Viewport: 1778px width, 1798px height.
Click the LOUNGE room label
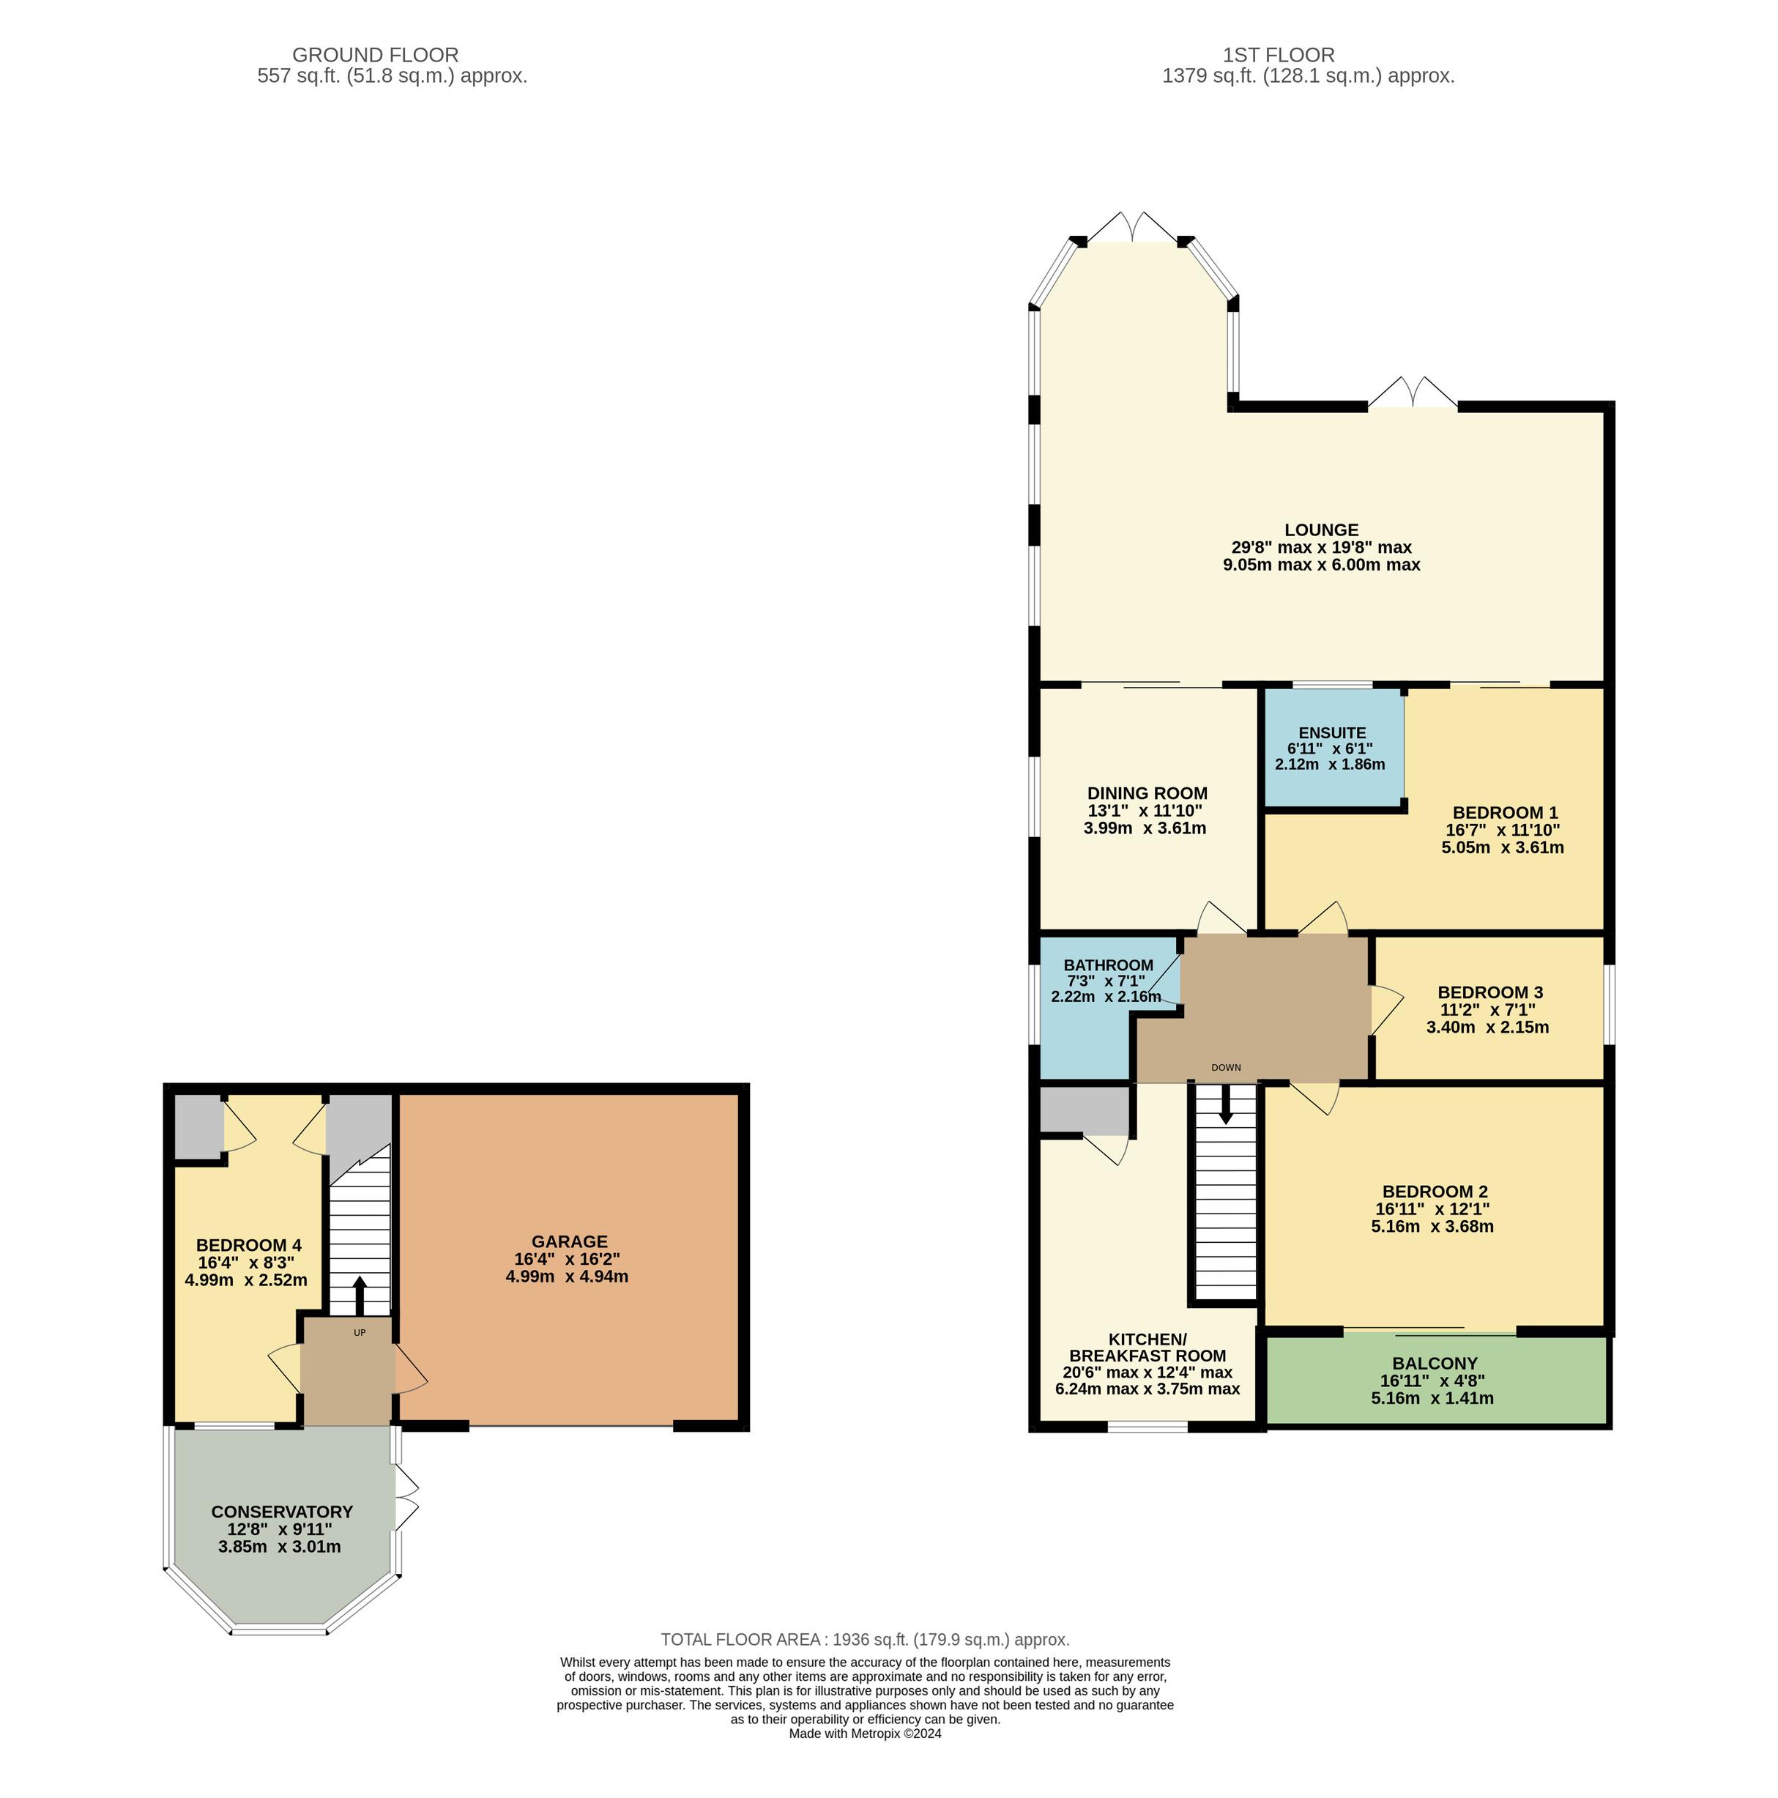tap(1321, 530)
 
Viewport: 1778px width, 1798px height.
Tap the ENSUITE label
tap(1332, 732)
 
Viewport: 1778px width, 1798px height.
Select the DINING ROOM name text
tap(1147, 793)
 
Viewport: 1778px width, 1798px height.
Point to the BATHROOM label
tap(1108, 965)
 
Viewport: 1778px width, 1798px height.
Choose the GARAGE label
tap(570, 1241)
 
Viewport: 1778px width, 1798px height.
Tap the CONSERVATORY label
tap(282, 1512)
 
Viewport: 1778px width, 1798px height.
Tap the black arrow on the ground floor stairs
tap(359, 1295)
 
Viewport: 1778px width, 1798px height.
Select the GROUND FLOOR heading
tap(376, 56)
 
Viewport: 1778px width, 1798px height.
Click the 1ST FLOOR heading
tap(1279, 56)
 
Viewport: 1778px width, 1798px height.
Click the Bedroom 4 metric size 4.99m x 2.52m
tap(247, 1279)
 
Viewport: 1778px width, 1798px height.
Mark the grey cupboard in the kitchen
tap(1084, 1110)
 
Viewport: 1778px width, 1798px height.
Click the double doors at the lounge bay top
tap(1134, 227)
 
